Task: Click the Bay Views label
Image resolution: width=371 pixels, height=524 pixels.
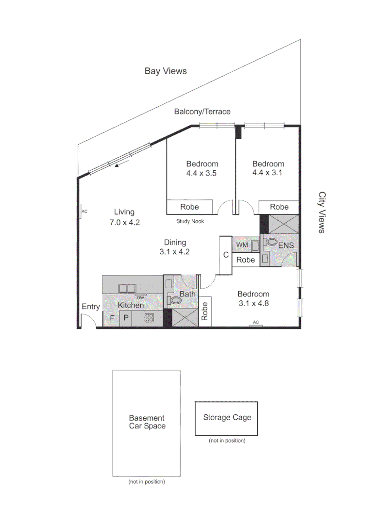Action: (x=166, y=71)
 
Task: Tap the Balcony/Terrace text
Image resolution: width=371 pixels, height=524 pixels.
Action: (x=202, y=112)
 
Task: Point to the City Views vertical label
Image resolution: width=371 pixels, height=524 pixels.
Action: (x=321, y=212)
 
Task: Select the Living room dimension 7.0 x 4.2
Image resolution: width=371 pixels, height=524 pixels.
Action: (x=124, y=223)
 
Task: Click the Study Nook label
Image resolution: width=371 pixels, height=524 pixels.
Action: (x=190, y=221)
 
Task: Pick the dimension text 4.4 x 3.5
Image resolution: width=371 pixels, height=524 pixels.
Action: (x=202, y=173)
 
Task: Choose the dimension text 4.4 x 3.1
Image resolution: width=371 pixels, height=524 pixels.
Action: (x=268, y=173)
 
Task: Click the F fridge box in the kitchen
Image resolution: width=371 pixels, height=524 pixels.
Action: (x=111, y=318)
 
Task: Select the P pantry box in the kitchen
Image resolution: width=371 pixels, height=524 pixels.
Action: (x=125, y=318)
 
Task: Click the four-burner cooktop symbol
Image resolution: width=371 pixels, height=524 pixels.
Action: (x=150, y=319)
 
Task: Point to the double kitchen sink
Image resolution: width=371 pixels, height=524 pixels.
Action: (x=128, y=288)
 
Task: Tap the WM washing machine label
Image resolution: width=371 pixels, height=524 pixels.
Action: (x=242, y=246)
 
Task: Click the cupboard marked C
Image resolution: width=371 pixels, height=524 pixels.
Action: (x=225, y=255)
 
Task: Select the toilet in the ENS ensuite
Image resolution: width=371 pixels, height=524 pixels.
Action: (x=271, y=242)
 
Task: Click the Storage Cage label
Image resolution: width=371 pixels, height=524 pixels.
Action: (x=227, y=417)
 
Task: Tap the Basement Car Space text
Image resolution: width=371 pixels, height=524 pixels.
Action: (x=147, y=422)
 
